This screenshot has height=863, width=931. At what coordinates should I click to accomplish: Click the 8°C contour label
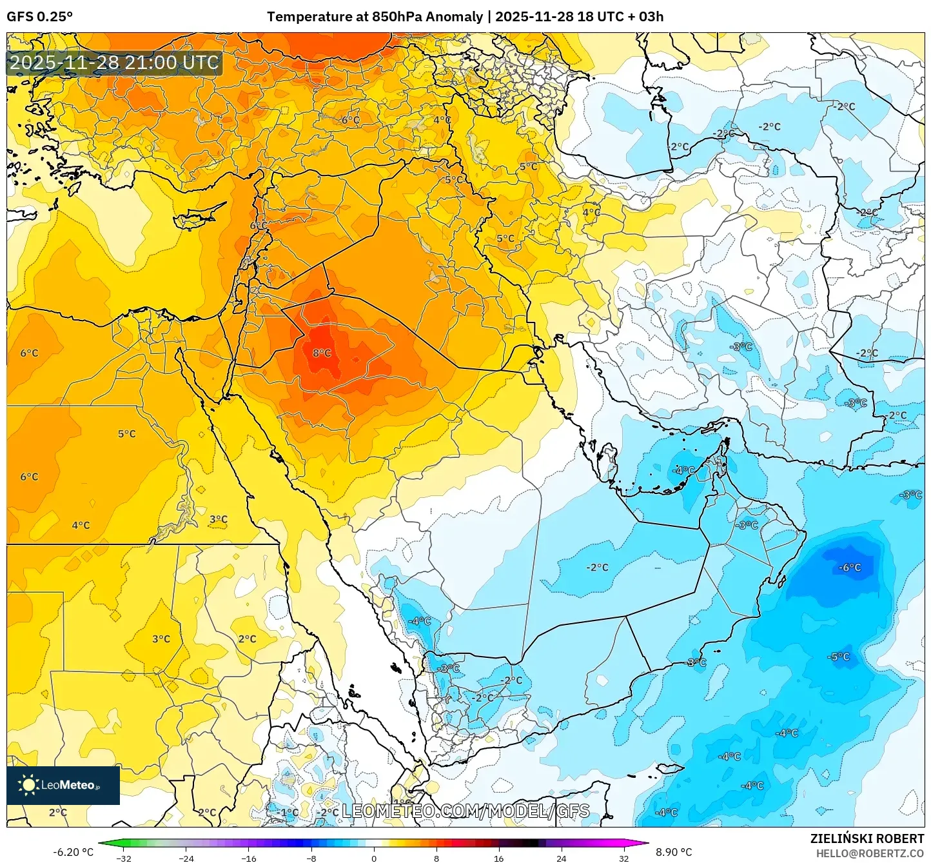pos(322,353)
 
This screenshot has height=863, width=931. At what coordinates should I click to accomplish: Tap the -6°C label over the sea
pos(849,568)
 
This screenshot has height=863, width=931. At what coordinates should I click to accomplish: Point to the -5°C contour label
pos(838,657)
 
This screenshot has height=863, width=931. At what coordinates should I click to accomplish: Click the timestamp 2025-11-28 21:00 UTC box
pos(114,63)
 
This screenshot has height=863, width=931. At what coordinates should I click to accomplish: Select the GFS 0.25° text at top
pos(39,17)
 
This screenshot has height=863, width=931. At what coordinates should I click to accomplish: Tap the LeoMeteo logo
pos(63,785)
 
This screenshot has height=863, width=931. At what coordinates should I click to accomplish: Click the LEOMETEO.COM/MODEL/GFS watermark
pos(465,811)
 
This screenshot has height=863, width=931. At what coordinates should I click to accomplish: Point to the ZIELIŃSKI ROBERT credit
pos(867,838)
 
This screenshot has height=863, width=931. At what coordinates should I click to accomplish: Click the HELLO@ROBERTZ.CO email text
pos(870,853)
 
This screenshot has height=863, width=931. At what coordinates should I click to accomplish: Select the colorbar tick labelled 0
pos(374,858)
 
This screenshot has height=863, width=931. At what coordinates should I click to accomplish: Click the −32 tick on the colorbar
pos(124,858)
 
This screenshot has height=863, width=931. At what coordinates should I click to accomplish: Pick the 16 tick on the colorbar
pos(498,858)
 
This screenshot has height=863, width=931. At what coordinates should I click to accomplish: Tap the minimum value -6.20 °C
pos(73,852)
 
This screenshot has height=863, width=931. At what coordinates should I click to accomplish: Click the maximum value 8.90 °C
pos(674,852)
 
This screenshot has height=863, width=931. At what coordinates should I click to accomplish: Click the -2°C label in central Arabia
pos(597,568)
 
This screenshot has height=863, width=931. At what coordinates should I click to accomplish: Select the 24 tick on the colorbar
pos(561,858)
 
